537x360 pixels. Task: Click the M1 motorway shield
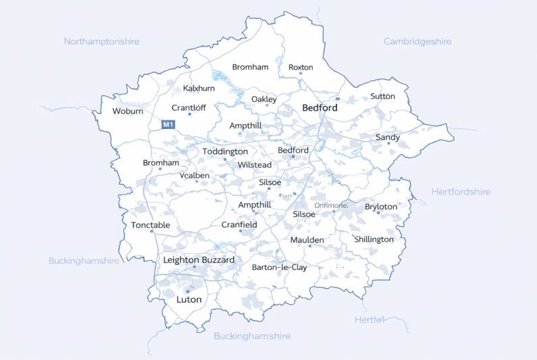[168, 124]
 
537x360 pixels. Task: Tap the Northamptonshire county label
[101, 41]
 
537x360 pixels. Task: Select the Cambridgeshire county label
[417, 41]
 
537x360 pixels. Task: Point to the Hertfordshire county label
[461, 192]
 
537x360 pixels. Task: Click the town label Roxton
[301, 68]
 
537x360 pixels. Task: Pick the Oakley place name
[264, 99]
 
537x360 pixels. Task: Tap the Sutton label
[382, 97]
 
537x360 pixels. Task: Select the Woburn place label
[128, 111]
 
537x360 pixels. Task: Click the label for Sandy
[388, 137]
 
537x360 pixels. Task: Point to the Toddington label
[225, 152]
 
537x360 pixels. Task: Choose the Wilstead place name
[255, 165]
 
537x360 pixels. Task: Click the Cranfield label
[239, 225]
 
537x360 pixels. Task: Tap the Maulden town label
[307, 240]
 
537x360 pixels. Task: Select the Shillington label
[374, 239]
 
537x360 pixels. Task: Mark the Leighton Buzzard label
[199, 260]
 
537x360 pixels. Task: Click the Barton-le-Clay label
[279, 267]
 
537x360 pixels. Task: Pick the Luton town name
[188, 299]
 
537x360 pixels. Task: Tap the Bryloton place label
[381, 207]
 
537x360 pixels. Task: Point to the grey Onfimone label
[331, 205]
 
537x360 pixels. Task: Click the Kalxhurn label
[199, 88]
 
